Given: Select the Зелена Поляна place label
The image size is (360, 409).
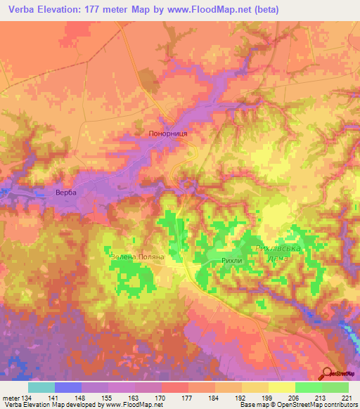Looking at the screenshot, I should [x=137, y=257].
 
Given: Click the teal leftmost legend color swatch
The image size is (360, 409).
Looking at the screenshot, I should [x=41, y=387].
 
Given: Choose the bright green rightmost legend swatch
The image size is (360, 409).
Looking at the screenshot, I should [x=335, y=387].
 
